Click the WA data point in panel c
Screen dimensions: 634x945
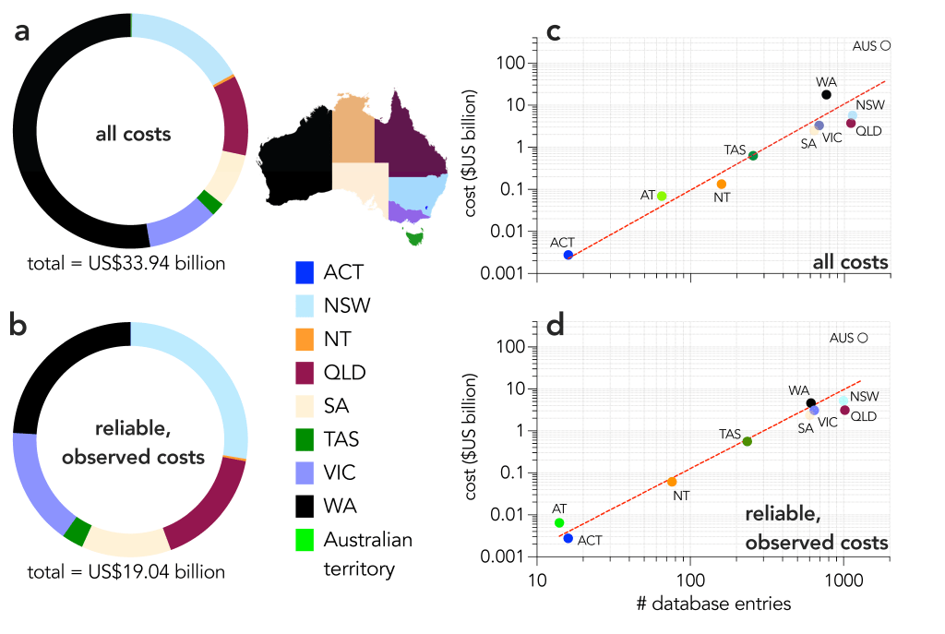click(x=826, y=94)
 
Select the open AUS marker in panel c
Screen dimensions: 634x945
click(x=885, y=45)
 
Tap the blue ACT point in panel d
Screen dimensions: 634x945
click(x=568, y=537)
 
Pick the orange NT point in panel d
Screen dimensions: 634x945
click(x=672, y=482)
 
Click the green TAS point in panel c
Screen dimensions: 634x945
click(x=753, y=155)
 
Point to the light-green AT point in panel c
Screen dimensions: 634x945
click(x=662, y=196)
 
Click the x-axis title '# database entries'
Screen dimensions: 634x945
click(x=713, y=604)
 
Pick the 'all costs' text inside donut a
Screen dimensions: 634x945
click(x=133, y=134)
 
